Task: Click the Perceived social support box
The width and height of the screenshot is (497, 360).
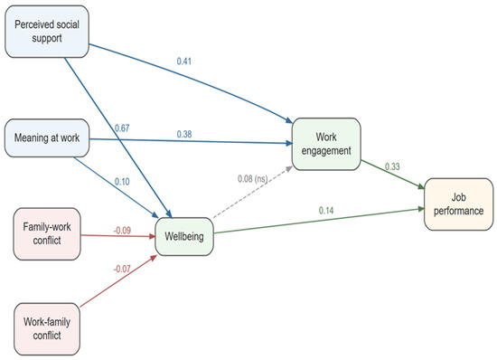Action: point(47,32)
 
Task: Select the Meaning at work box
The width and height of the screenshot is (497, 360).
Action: point(47,138)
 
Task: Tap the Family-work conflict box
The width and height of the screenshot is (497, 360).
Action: point(47,234)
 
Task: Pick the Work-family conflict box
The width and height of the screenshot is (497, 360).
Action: point(47,329)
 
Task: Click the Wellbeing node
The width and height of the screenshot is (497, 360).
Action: point(184,237)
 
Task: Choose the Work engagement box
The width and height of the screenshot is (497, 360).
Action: point(326,144)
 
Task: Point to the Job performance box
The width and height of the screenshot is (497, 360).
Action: point(459,204)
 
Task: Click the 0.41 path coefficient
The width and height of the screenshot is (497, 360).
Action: point(184,62)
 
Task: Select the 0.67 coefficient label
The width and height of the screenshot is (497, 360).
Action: point(122,128)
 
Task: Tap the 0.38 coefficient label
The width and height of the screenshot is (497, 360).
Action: point(184,134)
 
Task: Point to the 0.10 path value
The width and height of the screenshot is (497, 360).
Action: point(122,182)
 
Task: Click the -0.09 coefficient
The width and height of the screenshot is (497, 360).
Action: point(122,231)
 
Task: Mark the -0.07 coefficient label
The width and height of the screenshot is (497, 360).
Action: point(122,269)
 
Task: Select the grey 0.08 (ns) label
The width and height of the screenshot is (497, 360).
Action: point(253,179)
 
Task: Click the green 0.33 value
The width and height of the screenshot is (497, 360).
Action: point(392,166)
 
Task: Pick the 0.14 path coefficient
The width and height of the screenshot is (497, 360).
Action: point(326,210)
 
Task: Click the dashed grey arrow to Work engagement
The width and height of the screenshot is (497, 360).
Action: point(253,192)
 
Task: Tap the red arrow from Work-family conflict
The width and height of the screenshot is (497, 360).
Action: point(118,280)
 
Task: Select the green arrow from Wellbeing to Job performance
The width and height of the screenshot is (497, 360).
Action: point(319,221)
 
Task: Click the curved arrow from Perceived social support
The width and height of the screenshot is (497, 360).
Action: point(196,77)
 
